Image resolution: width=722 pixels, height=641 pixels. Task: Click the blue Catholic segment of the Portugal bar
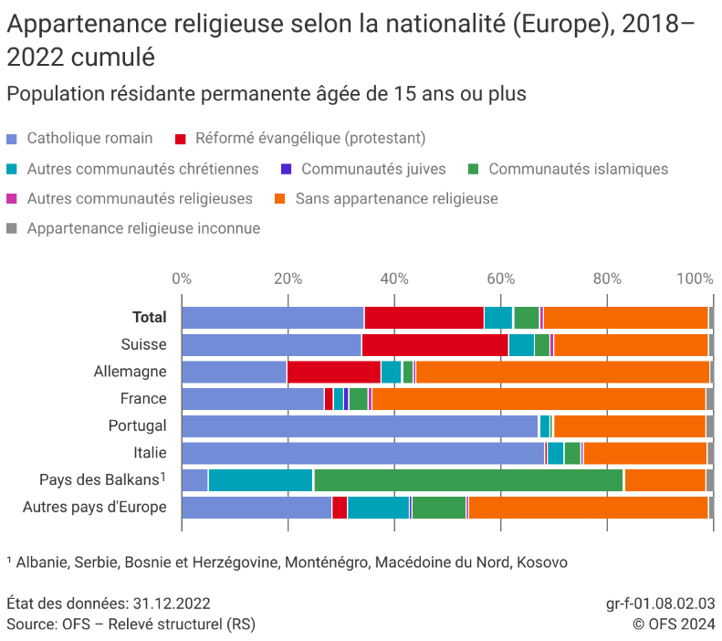click(x=360, y=426)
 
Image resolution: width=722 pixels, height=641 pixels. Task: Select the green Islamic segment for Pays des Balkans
click(x=468, y=480)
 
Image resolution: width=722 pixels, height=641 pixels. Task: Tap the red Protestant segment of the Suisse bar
click(x=434, y=345)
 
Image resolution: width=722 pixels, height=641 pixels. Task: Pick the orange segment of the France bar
click(x=539, y=399)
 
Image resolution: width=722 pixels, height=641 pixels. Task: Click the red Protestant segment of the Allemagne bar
click(x=333, y=372)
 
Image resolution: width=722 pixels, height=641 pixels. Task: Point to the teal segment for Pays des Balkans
click(x=261, y=480)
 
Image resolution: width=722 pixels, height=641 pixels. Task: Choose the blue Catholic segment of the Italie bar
click(x=362, y=453)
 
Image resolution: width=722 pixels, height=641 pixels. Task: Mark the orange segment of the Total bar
click(x=625, y=318)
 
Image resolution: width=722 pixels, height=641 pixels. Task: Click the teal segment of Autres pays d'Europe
click(x=378, y=508)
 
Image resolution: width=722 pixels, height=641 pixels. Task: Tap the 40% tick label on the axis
click(x=394, y=278)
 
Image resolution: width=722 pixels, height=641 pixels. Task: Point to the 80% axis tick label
click(x=607, y=278)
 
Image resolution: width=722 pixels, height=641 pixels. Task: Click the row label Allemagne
click(x=131, y=372)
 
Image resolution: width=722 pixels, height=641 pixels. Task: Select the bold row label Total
click(x=150, y=318)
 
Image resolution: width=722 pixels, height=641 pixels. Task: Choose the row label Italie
click(x=150, y=453)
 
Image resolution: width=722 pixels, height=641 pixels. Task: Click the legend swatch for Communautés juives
click(x=286, y=169)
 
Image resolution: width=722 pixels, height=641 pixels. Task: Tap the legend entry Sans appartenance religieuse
click(x=396, y=198)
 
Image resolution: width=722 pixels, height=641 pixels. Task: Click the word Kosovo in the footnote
click(x=542, y=562)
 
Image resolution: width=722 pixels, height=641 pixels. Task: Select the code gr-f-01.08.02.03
click(x=660, y=604)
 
